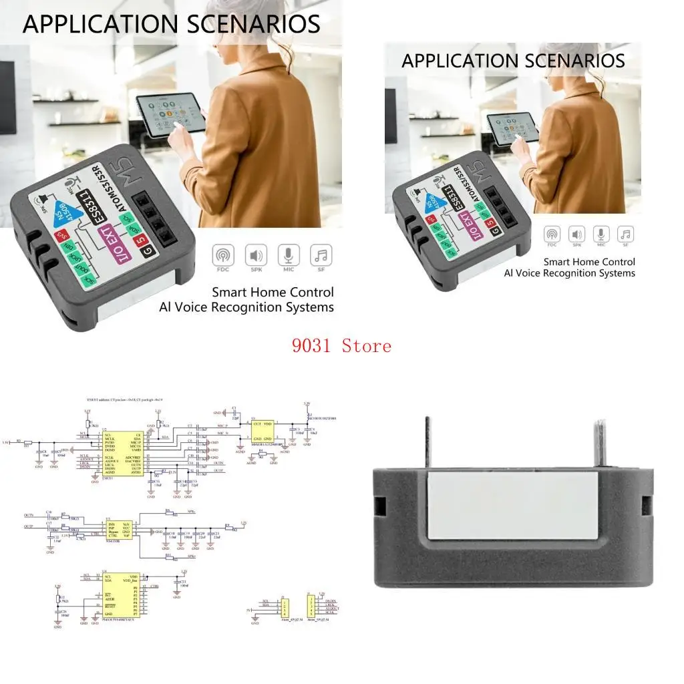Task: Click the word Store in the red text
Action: pyautogui.click(x=366, y=346)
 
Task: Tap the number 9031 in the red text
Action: pyautogui.click(x=315, y=346)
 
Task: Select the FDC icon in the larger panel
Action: pyautogui.click(x=223, y=256)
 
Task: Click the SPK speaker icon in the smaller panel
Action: pyautogui.click(x=576, y=234)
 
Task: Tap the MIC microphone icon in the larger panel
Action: pyautogui.click(x=289, y=256)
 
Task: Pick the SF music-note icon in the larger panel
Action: pyautogui.click(x=321, y=256)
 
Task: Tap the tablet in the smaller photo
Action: pyautogui.click(x=512, y=126)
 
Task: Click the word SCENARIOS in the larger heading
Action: pyautogui.click(x=245, y=24)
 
